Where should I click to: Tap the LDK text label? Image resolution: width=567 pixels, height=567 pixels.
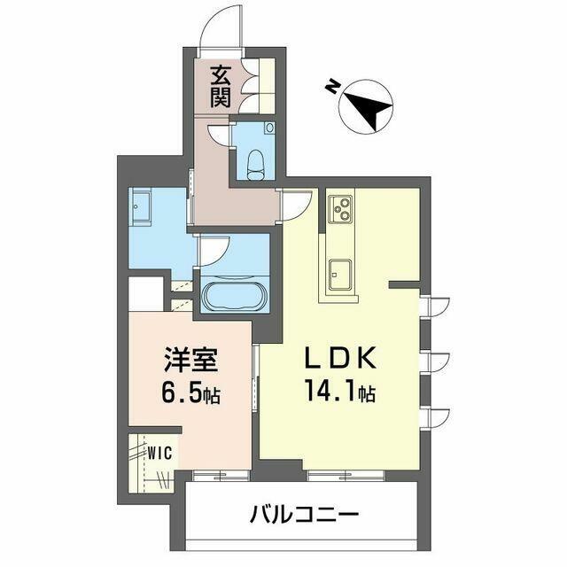(x=340, y=359)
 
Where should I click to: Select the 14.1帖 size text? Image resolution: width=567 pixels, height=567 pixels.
(x=340, y=392)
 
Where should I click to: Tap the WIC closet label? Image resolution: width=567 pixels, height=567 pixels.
(x=159, y=453)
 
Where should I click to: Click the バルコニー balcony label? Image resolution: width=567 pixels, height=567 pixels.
(x=304, y=514)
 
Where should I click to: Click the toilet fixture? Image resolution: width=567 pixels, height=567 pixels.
(x=256, y=165)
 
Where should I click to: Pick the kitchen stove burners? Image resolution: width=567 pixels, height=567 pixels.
(x=340, y=209)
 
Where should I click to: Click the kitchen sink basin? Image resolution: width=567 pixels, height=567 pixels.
(x=340, y=274)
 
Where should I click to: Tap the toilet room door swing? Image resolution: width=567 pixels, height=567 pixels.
(x=219, y=135)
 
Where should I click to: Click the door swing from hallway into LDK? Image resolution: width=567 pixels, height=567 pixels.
(x=298, y=206)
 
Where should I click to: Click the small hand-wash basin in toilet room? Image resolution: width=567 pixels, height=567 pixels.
(x=269, y=128)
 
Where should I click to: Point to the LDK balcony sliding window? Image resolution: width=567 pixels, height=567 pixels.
(x=346, y=476)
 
